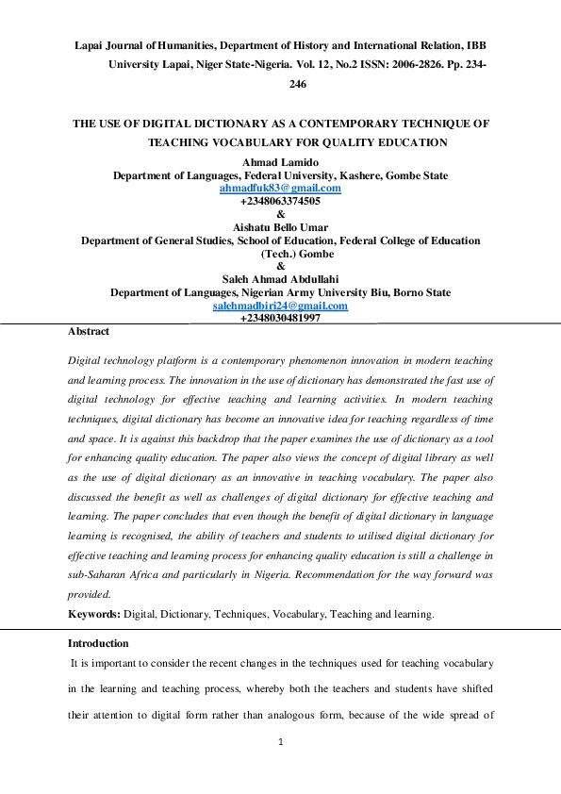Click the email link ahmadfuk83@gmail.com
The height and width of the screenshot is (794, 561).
click(280, 189)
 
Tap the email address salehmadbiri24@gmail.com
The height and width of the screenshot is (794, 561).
click(280, 306)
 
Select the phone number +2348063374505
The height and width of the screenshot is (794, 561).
click(280, 201)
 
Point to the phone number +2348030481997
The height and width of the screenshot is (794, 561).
click(280, 319)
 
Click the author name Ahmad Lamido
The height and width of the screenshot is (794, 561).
click(280, 163)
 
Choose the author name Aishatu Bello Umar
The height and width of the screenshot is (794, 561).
click(280, 227)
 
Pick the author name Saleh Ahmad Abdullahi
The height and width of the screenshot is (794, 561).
click(280, 279)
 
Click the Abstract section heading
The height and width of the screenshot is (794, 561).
click(89, 332)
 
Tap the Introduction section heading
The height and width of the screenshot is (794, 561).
click(98, 643)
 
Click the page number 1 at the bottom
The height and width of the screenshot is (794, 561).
click(280, 742)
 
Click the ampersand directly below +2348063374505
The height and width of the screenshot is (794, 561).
click(280, 214)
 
